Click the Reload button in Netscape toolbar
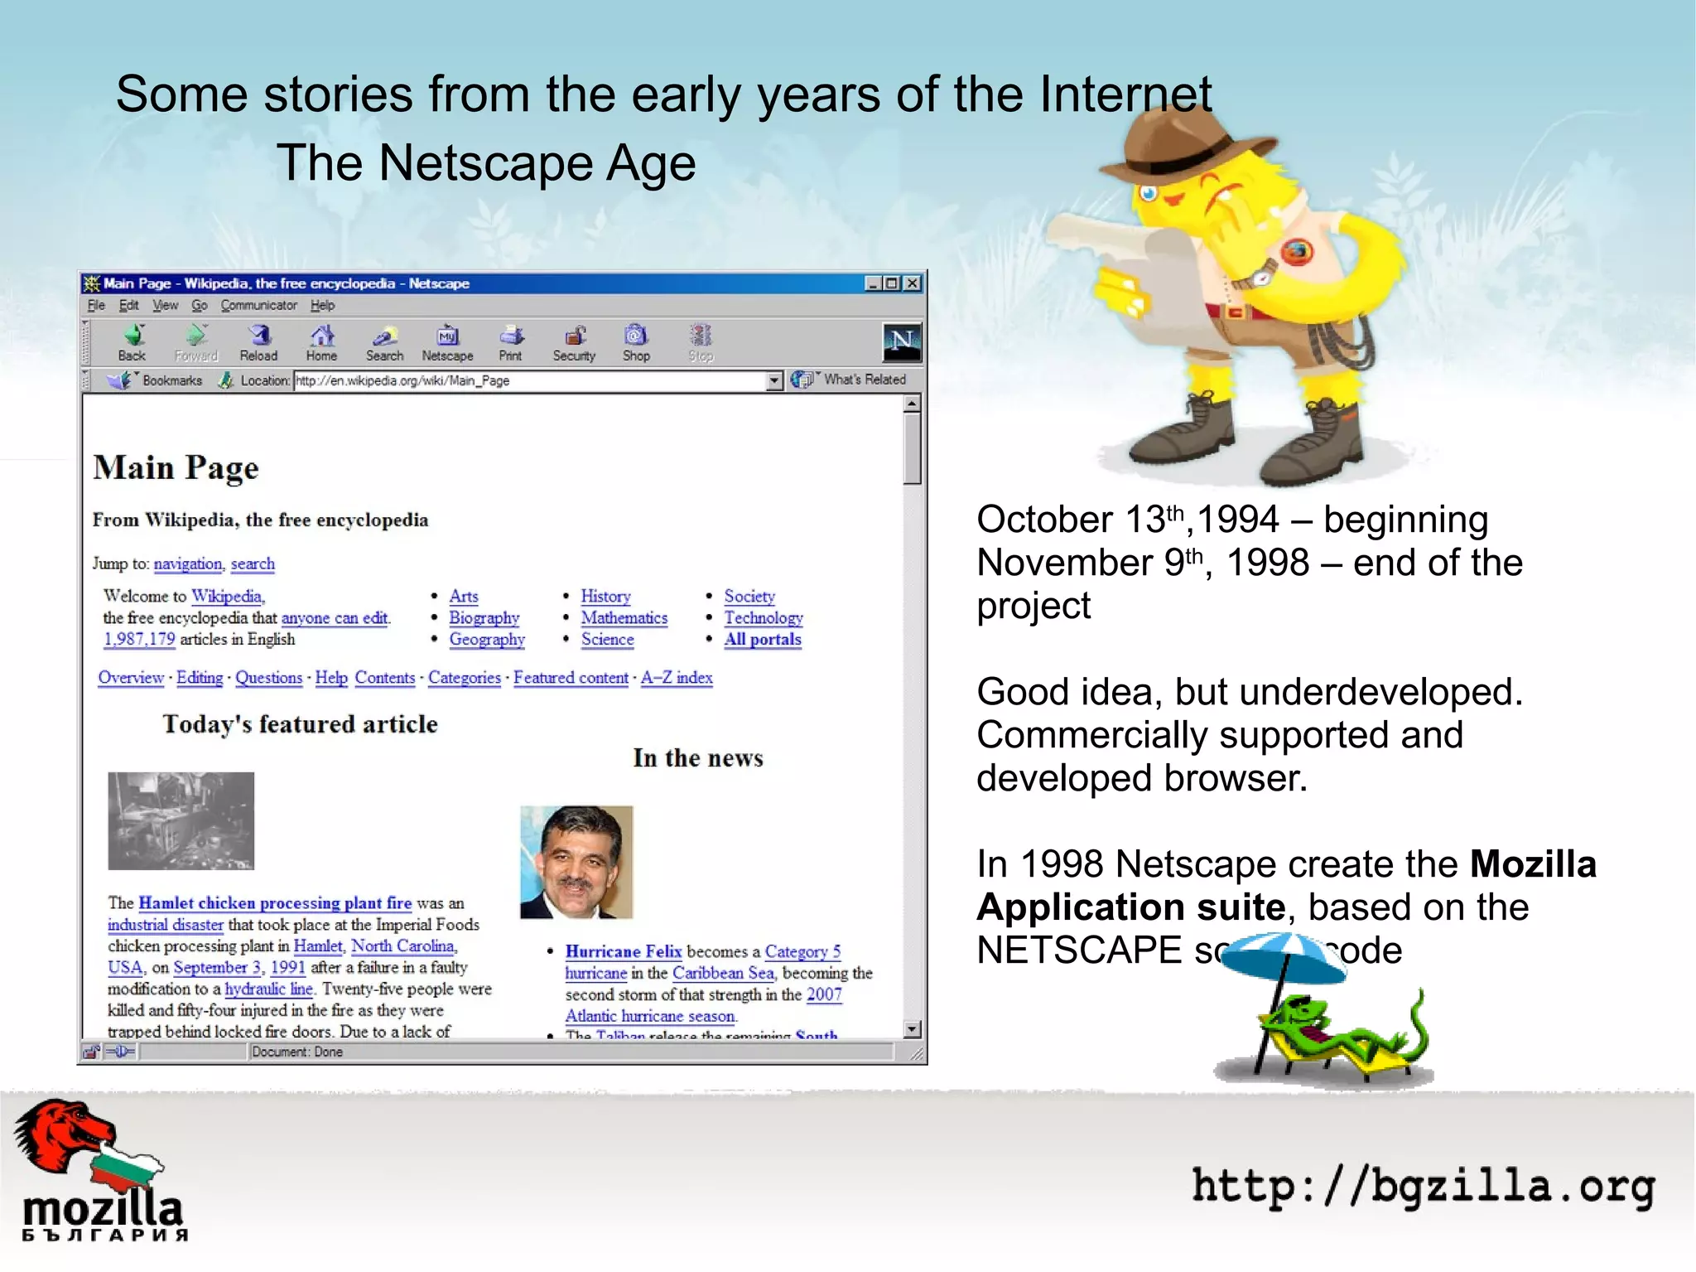258,341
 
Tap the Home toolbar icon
321,341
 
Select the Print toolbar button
511,341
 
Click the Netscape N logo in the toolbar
901,341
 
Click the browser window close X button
912,283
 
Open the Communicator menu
258,305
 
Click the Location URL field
530,381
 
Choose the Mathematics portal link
624,618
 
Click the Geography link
487,640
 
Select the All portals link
763,640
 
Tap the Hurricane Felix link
624,951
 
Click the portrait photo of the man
576,862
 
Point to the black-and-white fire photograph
181,820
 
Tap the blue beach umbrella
1284,957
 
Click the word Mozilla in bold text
1533,864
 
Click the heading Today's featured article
300,724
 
